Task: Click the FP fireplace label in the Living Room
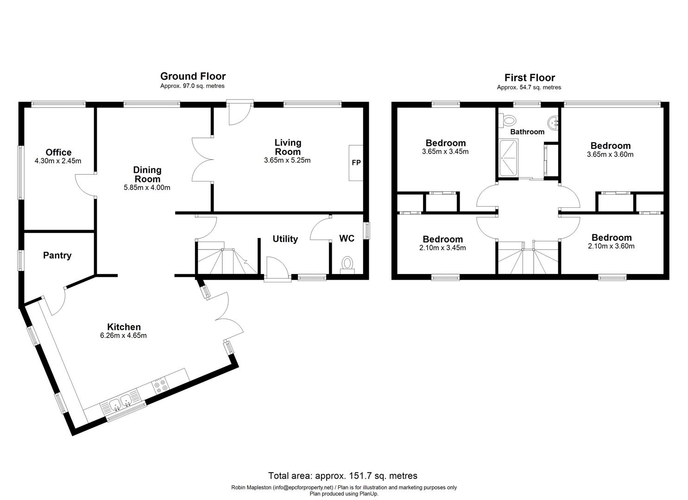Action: [x=356, y=163]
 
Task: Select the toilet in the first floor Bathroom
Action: [x=509, y=121]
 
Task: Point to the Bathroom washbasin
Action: [x=553, y=123]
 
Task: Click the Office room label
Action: [x=58, y=152]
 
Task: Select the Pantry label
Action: [x=57, y=255]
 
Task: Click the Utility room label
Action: [x=285, y=239]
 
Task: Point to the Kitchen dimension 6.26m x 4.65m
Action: [x=123, y=336]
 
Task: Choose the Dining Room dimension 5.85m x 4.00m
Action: [x=147, y=187]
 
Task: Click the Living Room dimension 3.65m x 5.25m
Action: [x=287, y=161]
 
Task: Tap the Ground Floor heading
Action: [x=193, y=76]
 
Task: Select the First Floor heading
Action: [x=529, y=77]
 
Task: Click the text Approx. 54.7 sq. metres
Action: [x=529, y=87]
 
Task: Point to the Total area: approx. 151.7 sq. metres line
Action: [x=343, y=475]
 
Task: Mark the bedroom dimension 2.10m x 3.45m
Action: [x=442, y=248]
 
